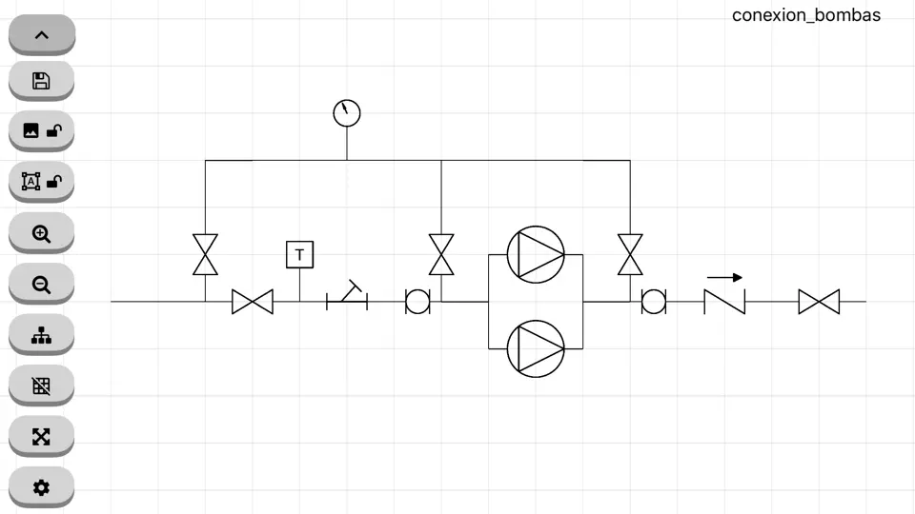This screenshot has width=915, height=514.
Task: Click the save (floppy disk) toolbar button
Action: click(x=41, y=80)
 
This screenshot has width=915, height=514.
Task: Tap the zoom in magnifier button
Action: click(x=41, y=233)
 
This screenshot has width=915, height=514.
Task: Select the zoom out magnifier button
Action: click(x=41, y=285)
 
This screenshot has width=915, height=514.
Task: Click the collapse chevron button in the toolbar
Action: click(x=41, y=35)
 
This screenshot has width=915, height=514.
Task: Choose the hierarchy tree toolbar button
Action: click(x=41, y=335)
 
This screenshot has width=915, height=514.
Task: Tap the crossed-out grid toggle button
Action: click(x=41, y=385)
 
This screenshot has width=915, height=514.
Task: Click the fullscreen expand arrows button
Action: click(x=41, y=437)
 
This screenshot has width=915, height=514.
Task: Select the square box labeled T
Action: click(x=300, y=255)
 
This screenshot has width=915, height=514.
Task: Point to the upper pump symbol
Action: click(x=536, y=255)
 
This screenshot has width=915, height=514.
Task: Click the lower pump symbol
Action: click(x=536, y=348)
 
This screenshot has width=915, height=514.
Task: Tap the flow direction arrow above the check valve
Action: click(x=724, y=278)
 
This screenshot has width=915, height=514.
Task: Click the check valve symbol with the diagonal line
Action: click(x=724, y=302)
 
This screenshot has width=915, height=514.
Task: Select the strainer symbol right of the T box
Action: click(x=347, y=295)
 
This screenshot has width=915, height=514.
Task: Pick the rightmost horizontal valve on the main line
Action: click(x=820, y=302)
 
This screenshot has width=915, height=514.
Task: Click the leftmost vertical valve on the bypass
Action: click(x=206, y=255)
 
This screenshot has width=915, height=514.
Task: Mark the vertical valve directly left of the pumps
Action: click(x=441, y=255)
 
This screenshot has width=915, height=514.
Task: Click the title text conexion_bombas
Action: click(x=806, y=15)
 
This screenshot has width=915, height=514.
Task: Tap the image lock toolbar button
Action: click(x=41, y=130)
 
